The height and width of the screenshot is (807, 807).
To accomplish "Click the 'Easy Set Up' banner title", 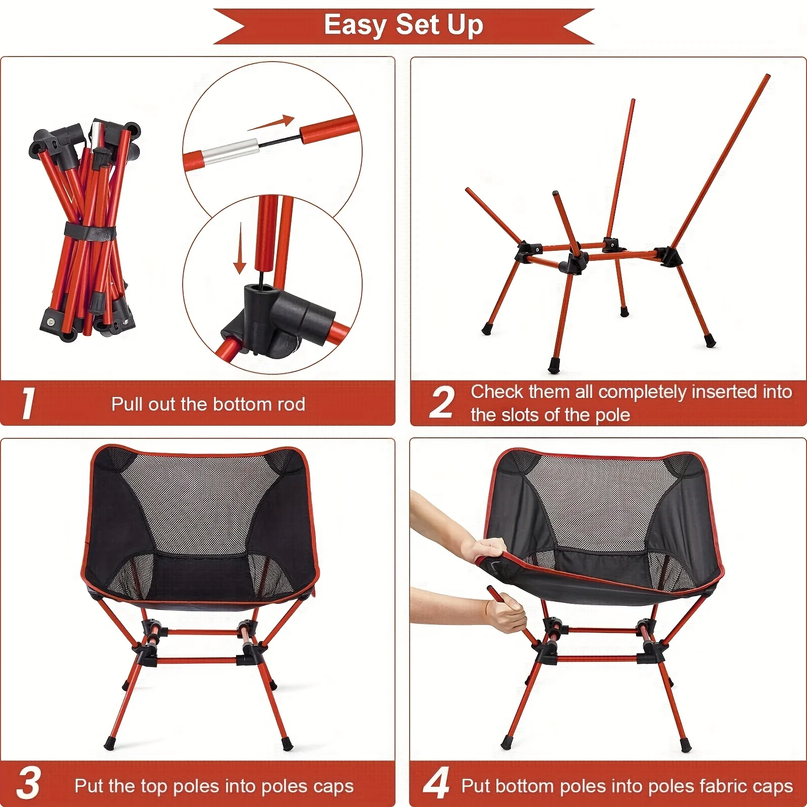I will (x=403, y=25).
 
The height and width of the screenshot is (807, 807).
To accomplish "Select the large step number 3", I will (x=29, y=784).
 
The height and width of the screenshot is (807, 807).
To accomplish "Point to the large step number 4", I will (x=436, y=783).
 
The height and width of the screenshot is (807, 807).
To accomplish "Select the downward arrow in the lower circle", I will (x=240, y=250).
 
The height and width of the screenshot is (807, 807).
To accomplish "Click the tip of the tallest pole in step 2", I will (x=767, y=77).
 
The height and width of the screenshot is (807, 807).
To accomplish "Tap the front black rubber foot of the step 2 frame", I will (x=554, y=364).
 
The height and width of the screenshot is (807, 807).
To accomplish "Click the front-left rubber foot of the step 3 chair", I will (x=109, y=743).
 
